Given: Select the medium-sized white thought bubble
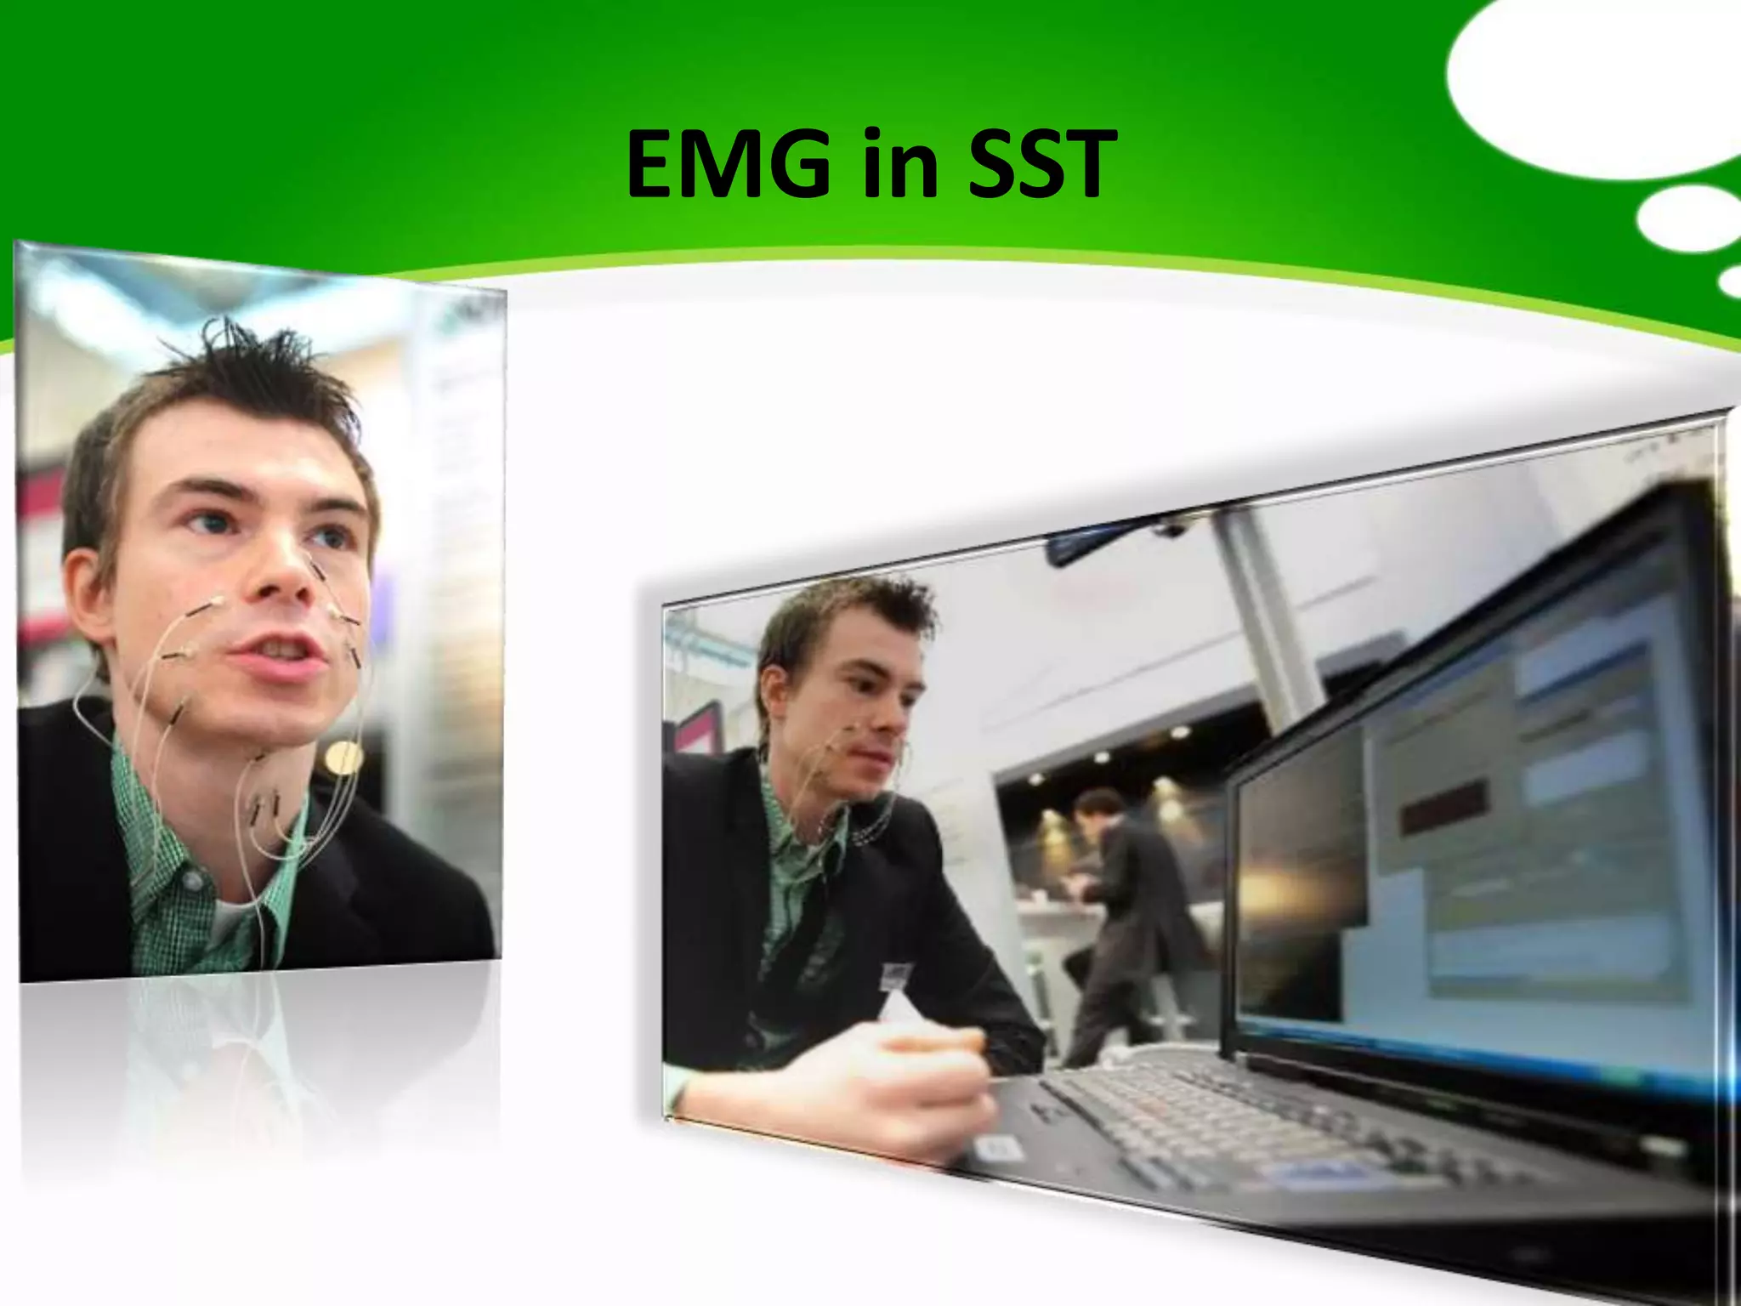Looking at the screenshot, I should tap(1687, 219).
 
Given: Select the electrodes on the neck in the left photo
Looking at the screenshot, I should tap(264, 808).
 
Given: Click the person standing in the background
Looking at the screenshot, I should tap(1122, 918).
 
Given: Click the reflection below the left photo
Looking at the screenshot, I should tap(255, 1071).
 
